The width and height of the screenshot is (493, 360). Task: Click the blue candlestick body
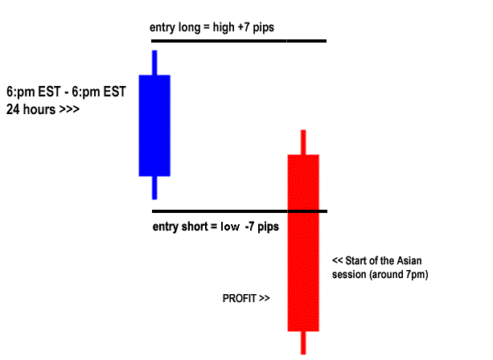coord(154,125)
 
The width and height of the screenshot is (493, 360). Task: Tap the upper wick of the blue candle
coord(154,63)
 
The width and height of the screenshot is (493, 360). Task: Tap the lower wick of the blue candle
coord(154,187)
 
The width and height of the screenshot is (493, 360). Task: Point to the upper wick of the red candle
coord(303,141)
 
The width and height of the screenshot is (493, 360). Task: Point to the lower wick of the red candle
coord(303,342)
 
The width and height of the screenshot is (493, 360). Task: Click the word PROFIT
coord(239,298)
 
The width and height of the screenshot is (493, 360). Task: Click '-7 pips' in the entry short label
coord(262,227)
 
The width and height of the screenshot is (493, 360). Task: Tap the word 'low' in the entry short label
coord(230,227)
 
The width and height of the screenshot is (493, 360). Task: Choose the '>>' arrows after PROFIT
coord(264,298)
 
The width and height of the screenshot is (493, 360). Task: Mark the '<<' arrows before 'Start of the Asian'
coord(338,262)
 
